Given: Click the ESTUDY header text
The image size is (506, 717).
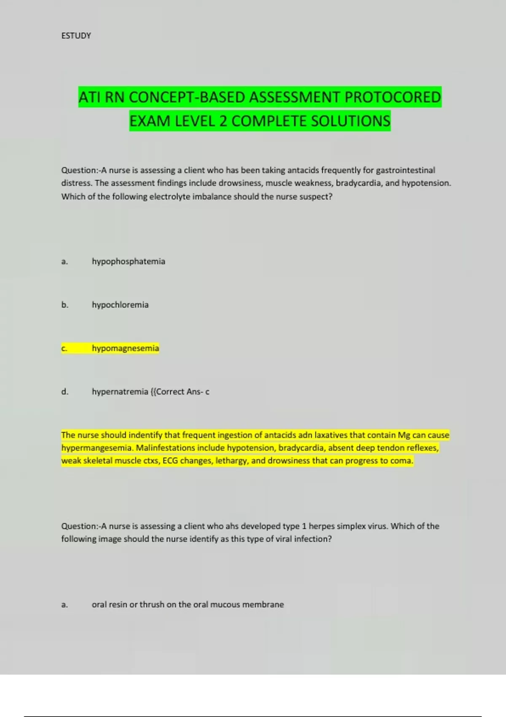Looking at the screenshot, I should [x=76, y=36].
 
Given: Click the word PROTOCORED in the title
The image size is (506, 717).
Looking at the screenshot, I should [x=393, y=97].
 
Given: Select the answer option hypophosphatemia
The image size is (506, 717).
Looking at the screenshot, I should [x=128, y=261].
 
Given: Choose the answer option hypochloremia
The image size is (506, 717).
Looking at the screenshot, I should [x=120, y=305].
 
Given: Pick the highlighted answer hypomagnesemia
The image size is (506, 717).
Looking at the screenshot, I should [x=125, y=348].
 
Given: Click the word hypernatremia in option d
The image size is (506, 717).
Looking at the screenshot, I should [x=120, y=392].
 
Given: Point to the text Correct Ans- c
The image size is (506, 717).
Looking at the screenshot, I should [x=182, y=392].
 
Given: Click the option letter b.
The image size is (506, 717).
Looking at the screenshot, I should [x=65, y=305].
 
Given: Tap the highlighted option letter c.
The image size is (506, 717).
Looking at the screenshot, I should [x=64, y=348].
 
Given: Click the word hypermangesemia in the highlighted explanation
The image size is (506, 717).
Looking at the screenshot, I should [x=97, y=448].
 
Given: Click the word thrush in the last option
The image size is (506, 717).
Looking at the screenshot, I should [x=152, y=605].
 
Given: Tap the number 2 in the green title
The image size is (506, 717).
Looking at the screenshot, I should [x=223, y=121].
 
